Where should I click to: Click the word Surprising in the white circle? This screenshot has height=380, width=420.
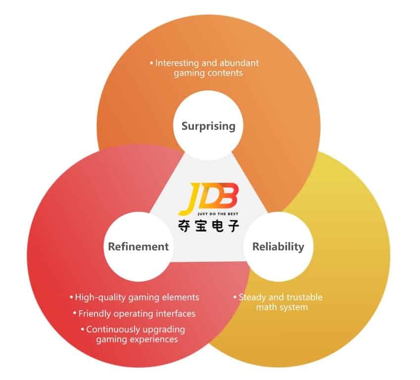coord(208,126)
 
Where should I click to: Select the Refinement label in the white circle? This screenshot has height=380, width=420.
coord(139,246)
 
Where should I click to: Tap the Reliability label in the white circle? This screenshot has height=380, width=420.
coord(279,247)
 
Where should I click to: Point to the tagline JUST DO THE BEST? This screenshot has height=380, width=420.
coord(218,214)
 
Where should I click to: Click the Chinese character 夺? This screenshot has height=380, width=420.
coord(184,226)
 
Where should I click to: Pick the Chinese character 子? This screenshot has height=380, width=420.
coord(233,226)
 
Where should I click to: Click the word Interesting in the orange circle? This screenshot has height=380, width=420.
coord(177,63)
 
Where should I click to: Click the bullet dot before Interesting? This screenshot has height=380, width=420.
coord(151,63)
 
